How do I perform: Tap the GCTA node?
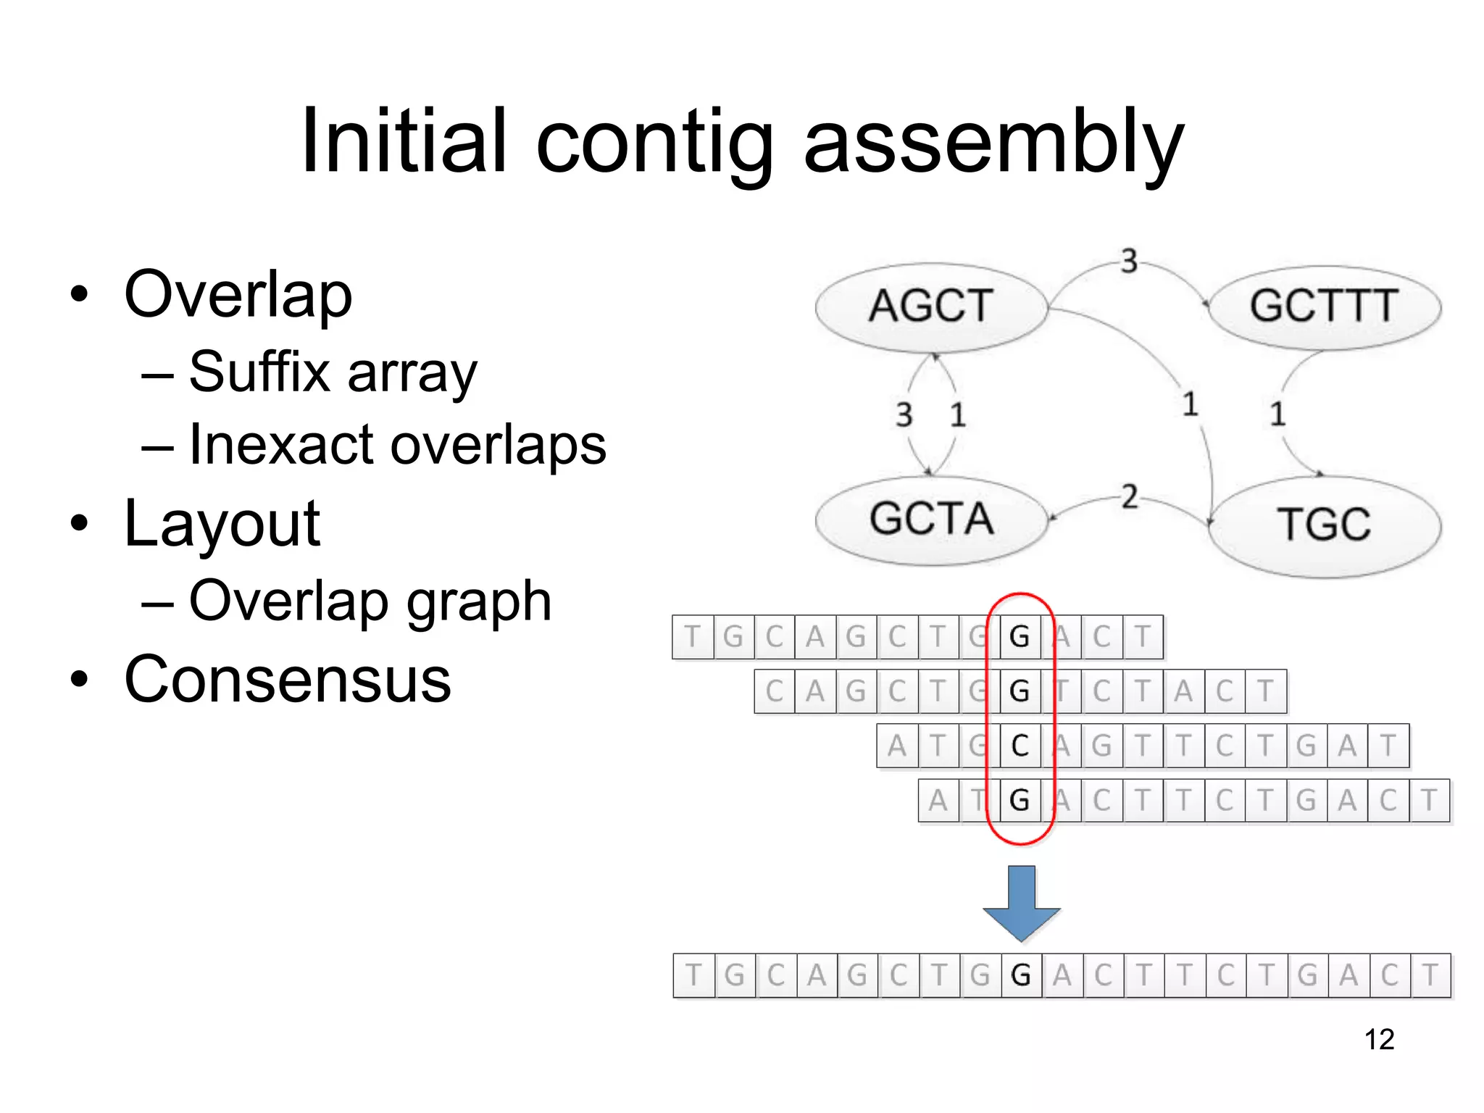[x=931, y=519]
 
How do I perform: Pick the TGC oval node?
[x=1324, y=525]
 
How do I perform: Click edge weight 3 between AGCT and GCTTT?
[x=1129, y=261]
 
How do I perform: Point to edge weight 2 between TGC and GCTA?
[x=1129, y=498]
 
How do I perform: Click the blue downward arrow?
[x=1021, y=903]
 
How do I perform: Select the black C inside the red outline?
[x=1020, y=746]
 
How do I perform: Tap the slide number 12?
[x=1379, y=1039]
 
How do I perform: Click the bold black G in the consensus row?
[x=1021, y=975]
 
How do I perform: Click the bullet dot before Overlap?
[x=80, y=295]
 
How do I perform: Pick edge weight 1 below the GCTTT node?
[x=1277, y=414]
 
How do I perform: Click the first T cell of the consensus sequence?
[x=693, y=975]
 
